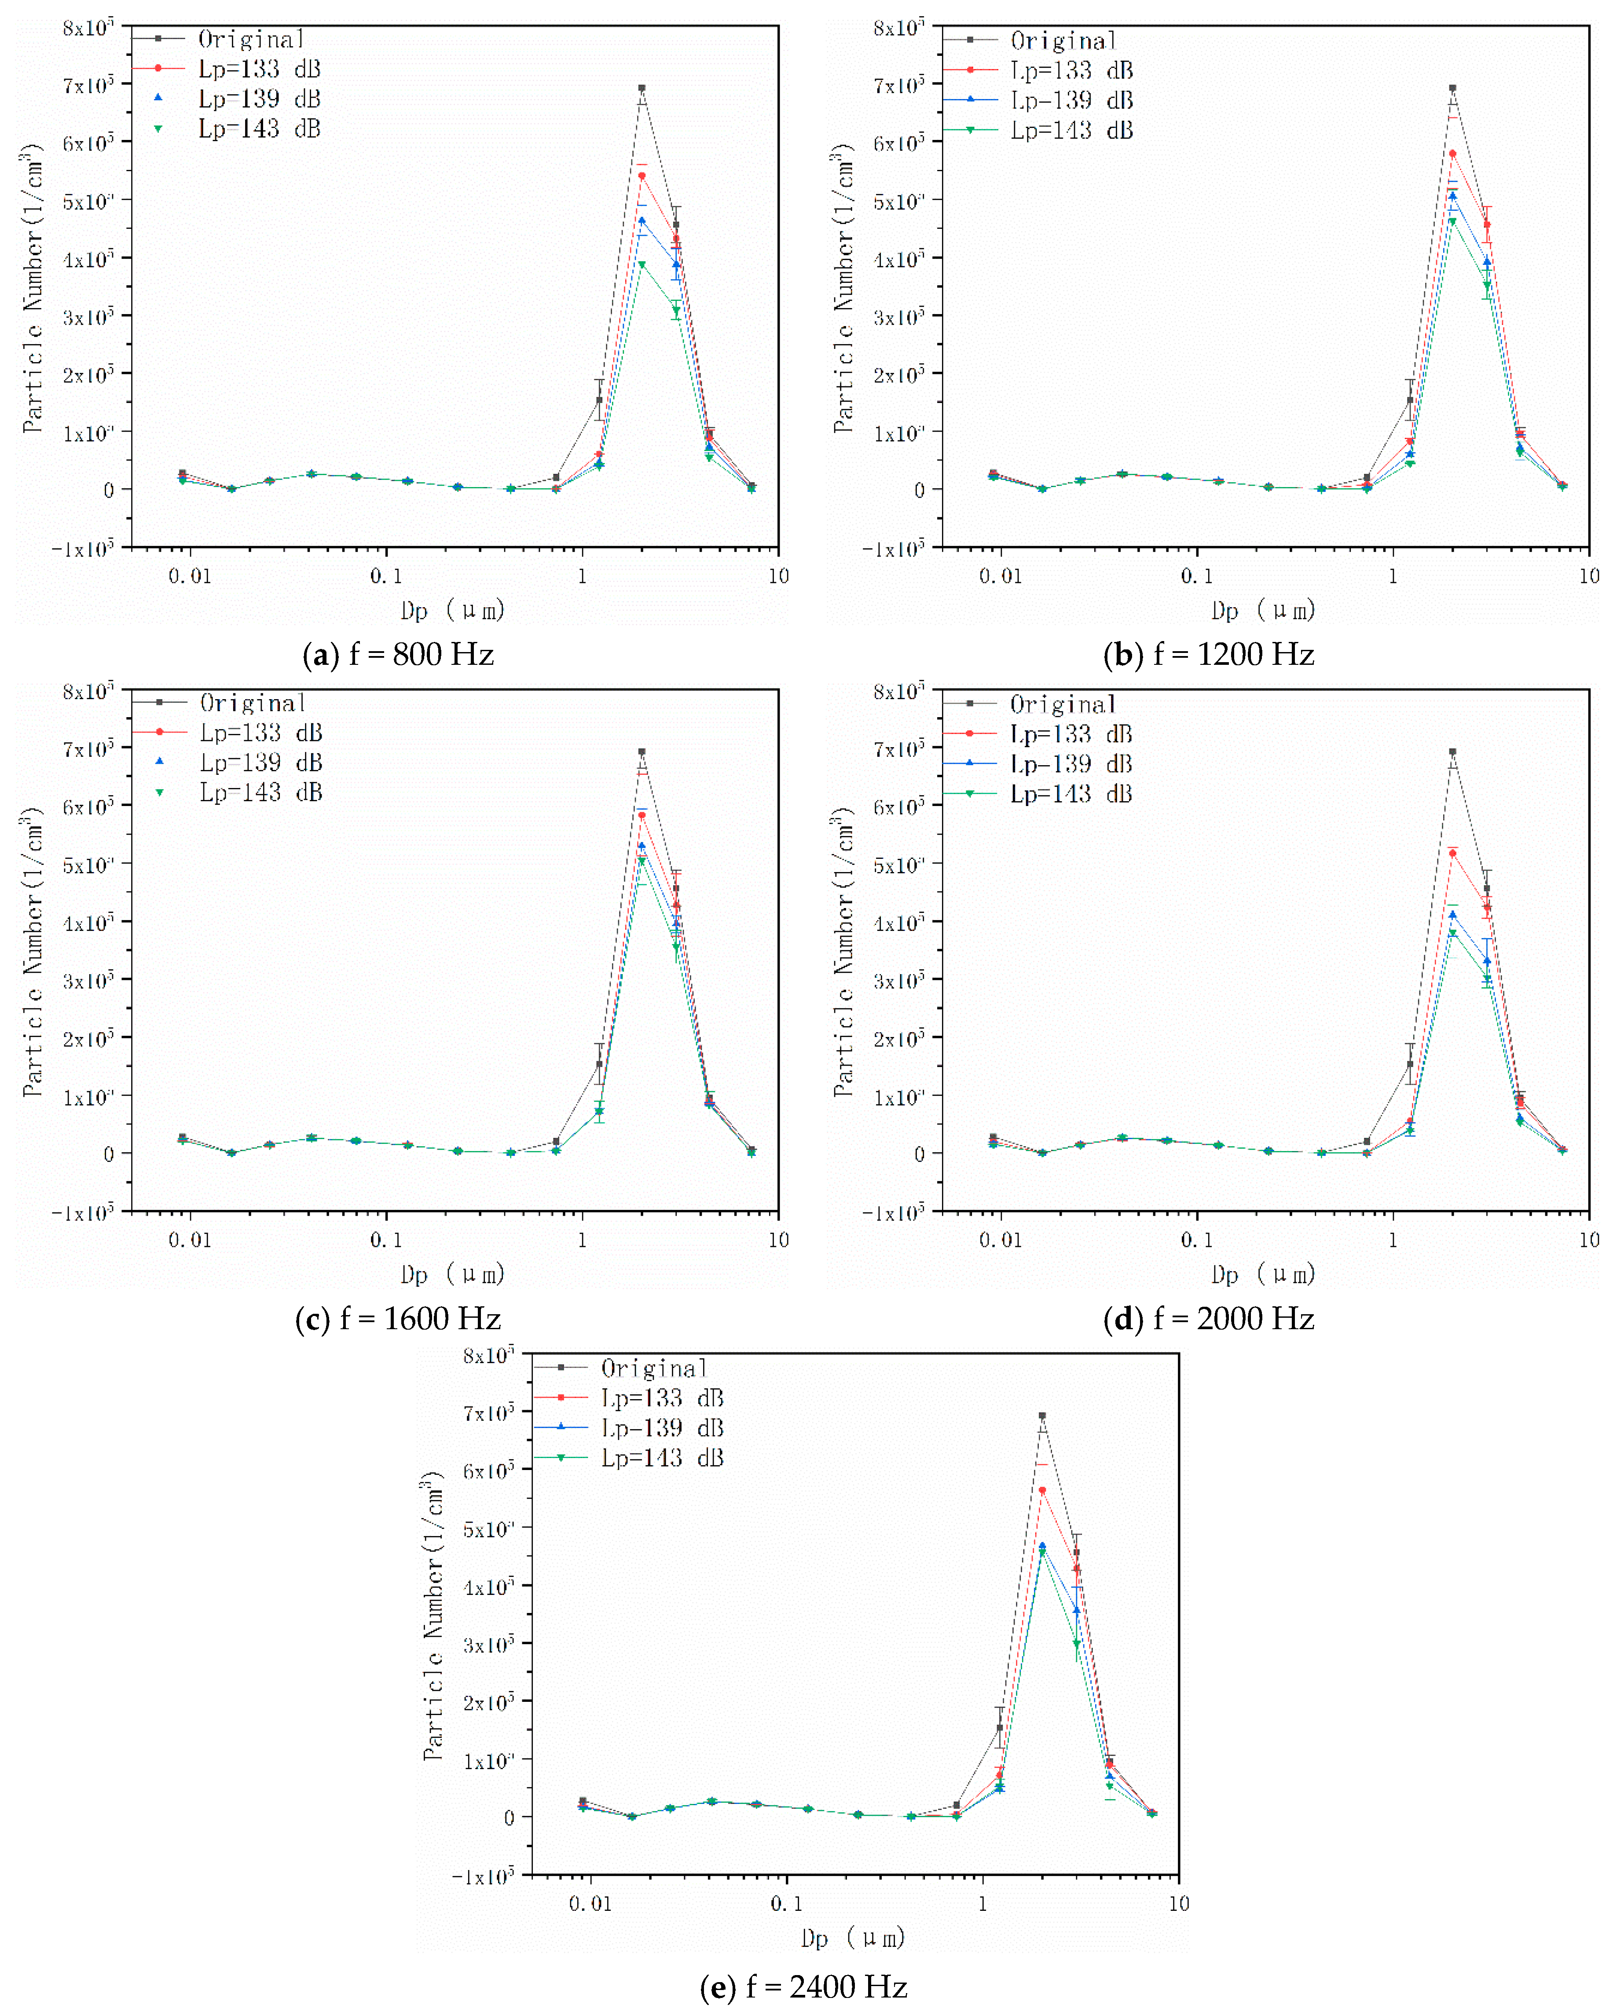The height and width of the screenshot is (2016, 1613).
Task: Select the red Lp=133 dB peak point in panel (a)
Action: (642, 176)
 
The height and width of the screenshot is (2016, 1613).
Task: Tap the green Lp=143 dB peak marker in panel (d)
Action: (1452, 933)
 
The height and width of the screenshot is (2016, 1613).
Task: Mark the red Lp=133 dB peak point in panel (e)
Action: (1043, 1491)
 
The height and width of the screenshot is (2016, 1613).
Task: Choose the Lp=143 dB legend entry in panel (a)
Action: (259, 129)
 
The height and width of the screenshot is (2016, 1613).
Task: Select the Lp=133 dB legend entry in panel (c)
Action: (261, 733)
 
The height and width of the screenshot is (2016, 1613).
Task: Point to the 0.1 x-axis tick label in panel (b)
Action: (1197, 576)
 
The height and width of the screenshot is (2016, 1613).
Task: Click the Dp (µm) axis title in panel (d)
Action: (1263, 1274)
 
